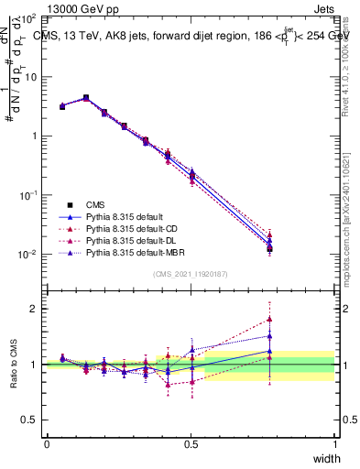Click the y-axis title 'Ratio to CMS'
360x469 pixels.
(15, 365)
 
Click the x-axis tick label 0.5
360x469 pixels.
(191, 444)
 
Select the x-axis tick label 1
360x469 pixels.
(334, 444)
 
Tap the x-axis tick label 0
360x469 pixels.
(47, 444)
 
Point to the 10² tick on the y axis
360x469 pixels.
(29, 18)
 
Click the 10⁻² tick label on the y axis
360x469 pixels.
(29, 254)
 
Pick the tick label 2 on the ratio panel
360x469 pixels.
(35, 309)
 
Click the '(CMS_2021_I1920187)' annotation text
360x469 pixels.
(191, 274)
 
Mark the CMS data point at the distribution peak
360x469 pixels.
(86, 97)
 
